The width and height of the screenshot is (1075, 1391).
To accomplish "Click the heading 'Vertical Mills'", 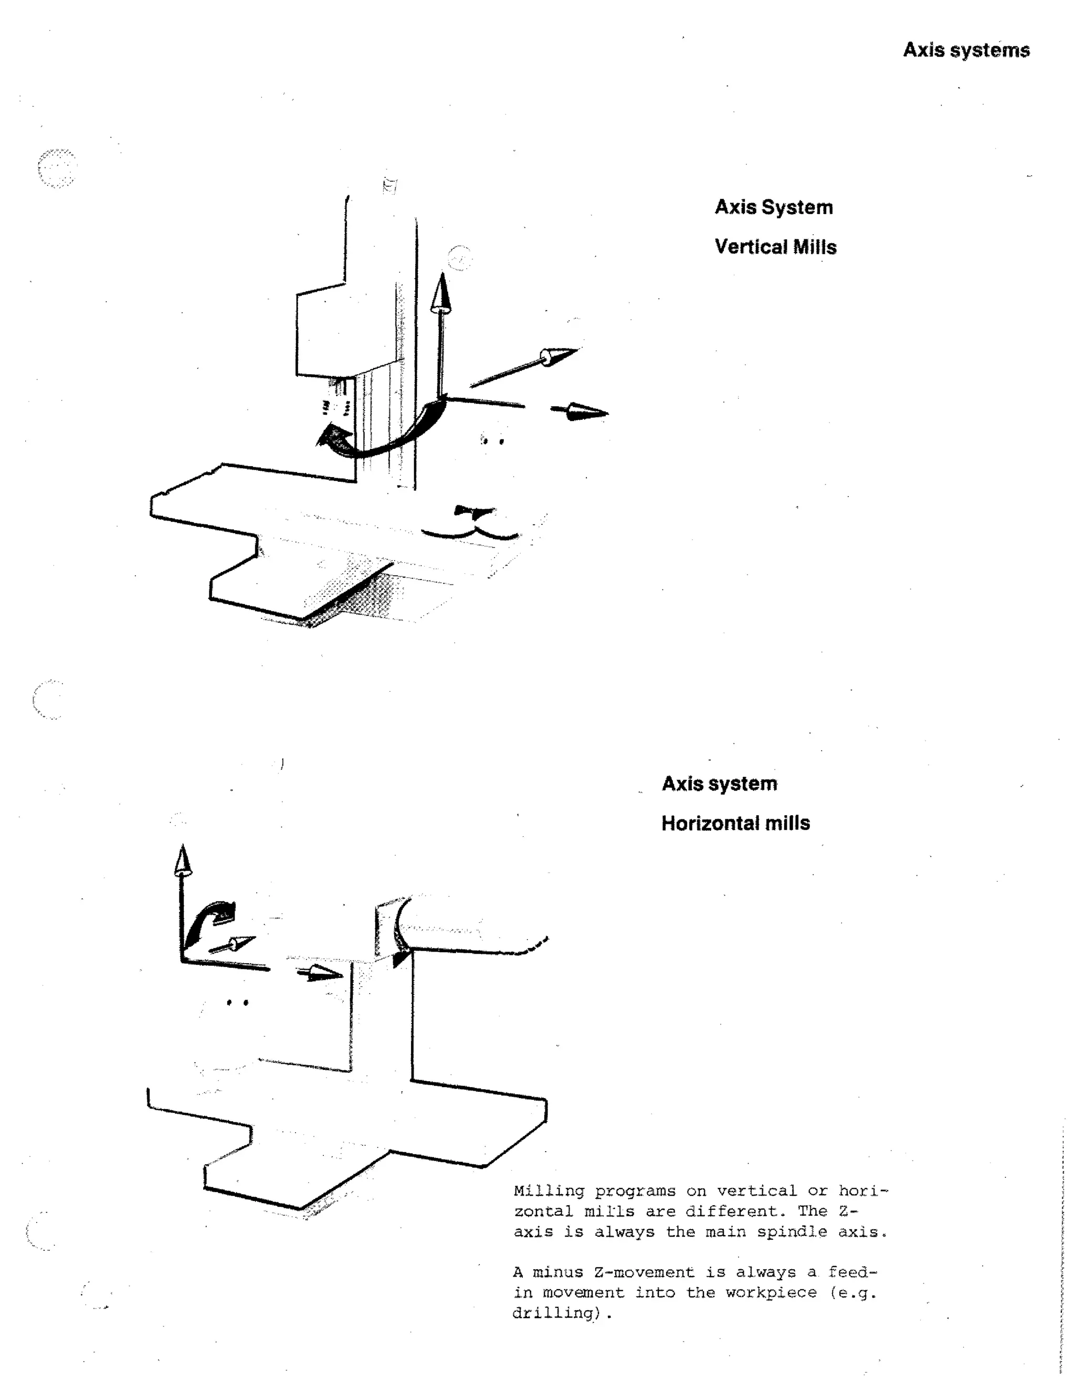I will click(x=775, y=247).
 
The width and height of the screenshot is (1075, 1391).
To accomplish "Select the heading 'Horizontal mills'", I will click(x=735, y=823).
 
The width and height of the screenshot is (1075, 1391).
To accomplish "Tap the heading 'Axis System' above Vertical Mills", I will click(x=773, y=207).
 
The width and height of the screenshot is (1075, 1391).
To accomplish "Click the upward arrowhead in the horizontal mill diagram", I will click(x=183, y=860).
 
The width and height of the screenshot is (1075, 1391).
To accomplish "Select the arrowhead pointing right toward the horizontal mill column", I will click(x=322, y=973).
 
